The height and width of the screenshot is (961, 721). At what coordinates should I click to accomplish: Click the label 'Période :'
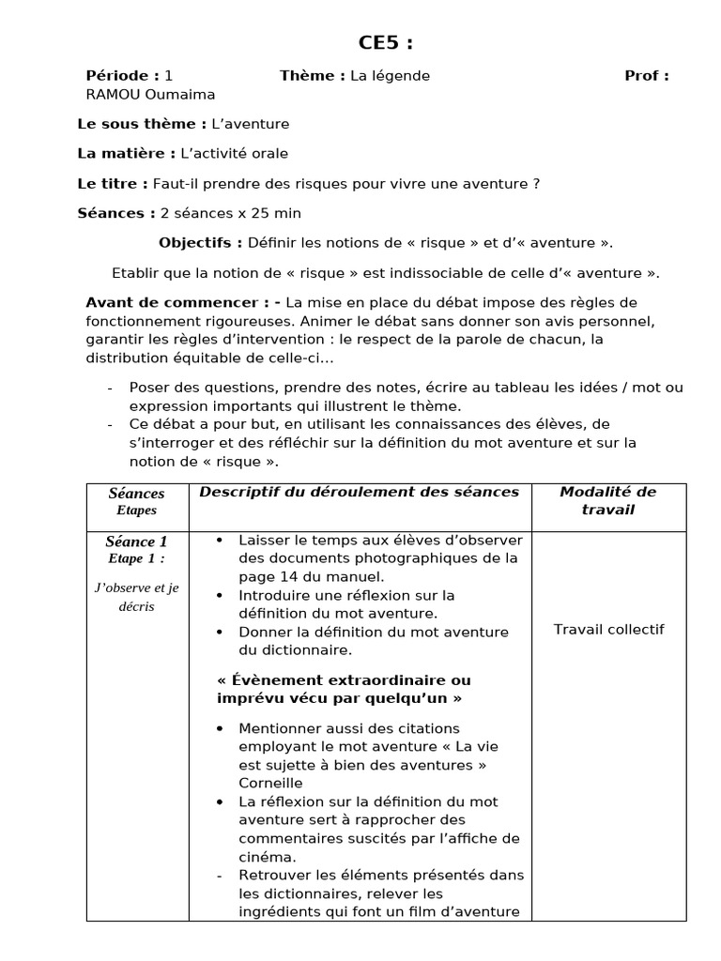click(123, 76)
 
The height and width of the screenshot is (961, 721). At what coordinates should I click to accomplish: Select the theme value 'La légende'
click(390, 76)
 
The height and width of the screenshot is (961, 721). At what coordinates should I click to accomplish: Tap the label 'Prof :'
click(646, 76)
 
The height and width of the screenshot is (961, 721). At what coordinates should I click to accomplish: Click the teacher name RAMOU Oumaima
click(150, 94)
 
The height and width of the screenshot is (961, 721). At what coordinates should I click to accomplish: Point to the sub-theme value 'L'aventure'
click(251, 124)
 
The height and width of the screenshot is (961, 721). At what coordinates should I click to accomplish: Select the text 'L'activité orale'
click(234, 153)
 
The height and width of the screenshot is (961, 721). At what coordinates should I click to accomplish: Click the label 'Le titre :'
click(113, 184)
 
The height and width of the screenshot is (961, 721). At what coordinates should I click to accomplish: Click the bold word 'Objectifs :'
click(201, 243)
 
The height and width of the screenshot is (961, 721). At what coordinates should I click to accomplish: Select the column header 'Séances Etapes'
click(136, 501)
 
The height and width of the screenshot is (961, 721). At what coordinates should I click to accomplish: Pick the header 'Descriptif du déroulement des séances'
click(359, 492)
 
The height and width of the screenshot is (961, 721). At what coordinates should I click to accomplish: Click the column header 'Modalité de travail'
click(607, 500)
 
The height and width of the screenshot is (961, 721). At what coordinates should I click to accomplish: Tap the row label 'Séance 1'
click(136, 542)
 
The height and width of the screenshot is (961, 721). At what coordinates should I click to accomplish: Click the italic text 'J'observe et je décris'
click(136, 597)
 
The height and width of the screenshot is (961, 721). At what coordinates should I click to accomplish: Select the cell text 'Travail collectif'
click(608, 629)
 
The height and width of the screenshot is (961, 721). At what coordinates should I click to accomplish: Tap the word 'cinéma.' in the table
click(268, 857)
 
